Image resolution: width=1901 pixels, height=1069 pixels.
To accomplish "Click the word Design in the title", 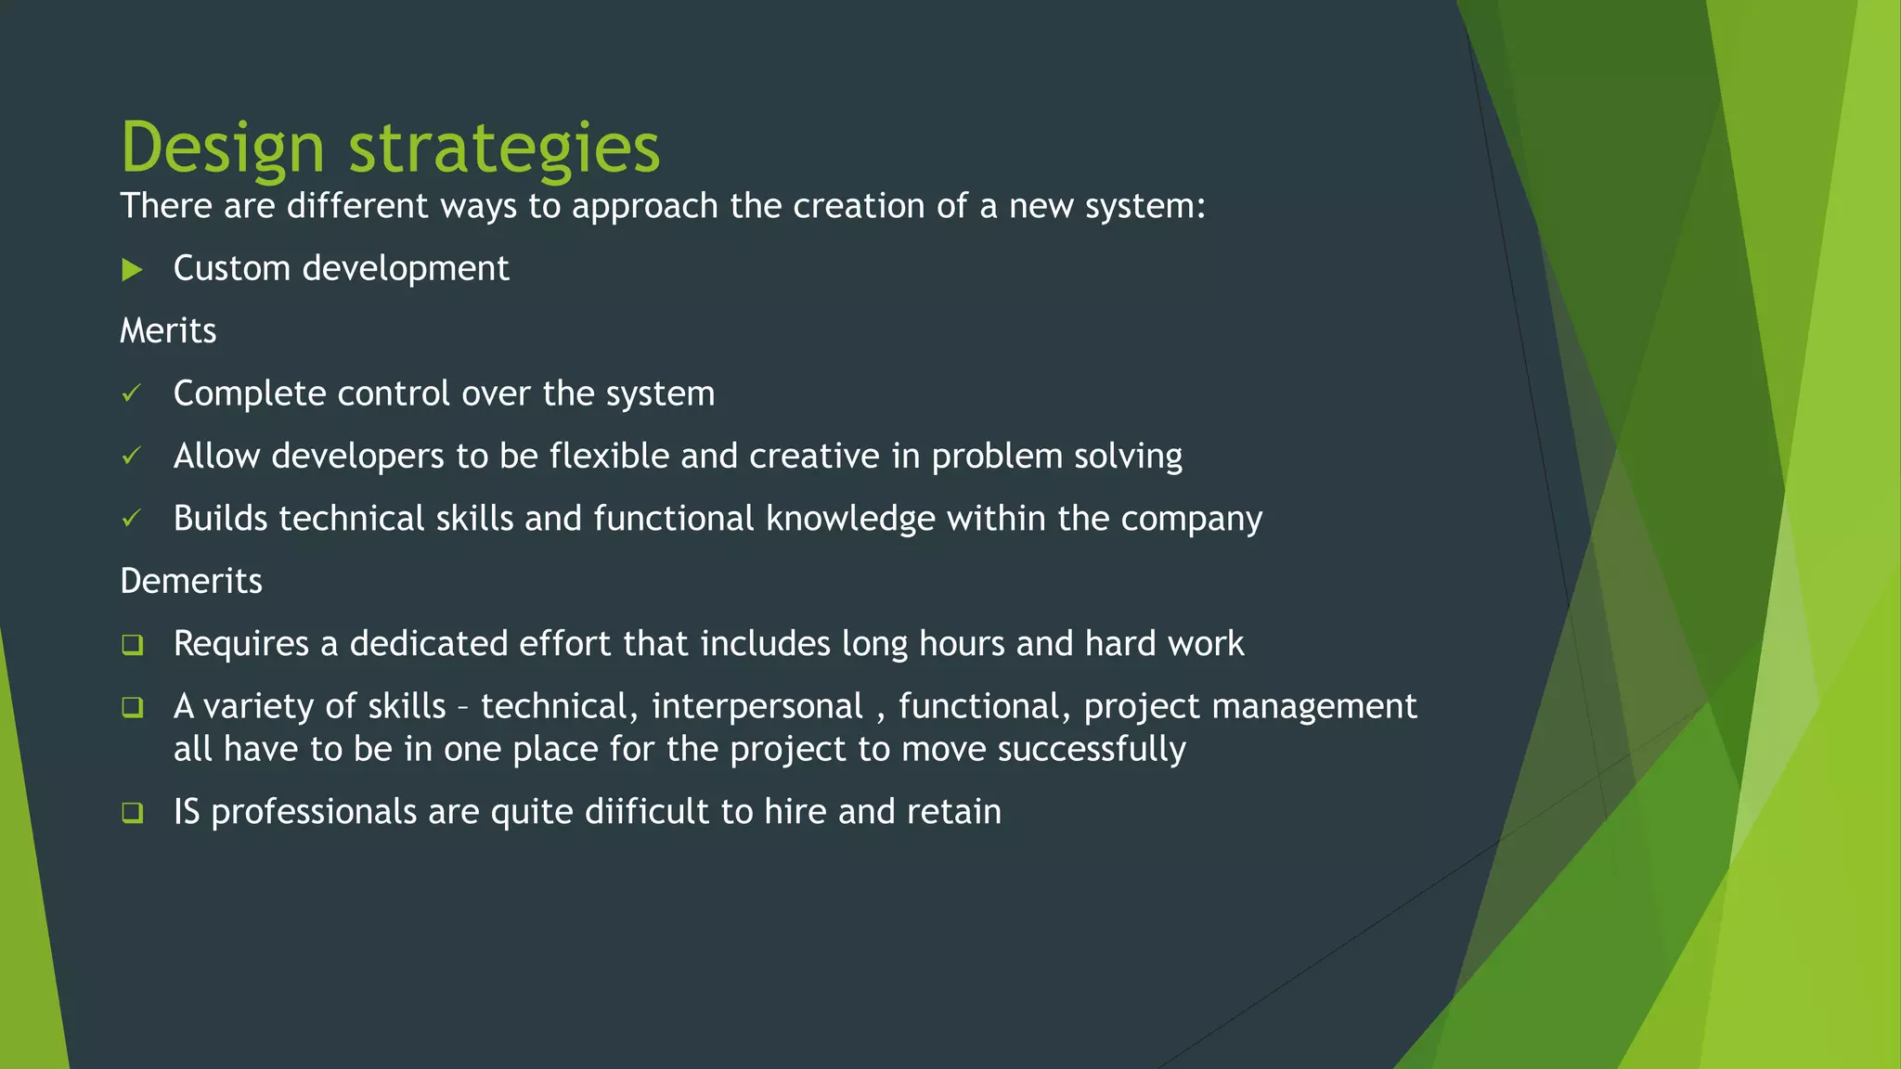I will tap(223, 148).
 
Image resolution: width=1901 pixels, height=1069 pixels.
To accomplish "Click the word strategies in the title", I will tap(504, 148).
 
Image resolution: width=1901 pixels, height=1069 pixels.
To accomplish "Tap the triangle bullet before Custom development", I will tap(132, 270).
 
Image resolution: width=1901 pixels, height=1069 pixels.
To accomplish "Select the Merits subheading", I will tap(168, 331).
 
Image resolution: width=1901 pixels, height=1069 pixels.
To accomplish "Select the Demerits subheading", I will tap(191, 582).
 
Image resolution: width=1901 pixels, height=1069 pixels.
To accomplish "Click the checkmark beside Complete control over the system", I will tap(132, 393).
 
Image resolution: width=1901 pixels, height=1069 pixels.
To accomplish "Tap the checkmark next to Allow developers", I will tap(132, 456).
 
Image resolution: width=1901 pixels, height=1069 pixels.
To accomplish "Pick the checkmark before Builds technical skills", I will tap(132, 518).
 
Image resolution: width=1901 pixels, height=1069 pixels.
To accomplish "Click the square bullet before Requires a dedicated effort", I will tap(132, 644).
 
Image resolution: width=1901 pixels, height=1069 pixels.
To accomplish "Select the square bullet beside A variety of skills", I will tap(132, 707).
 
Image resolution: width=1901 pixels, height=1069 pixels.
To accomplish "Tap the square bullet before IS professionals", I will tap(132, 813).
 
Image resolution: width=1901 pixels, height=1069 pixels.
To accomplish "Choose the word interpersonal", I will tap(757, 707).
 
